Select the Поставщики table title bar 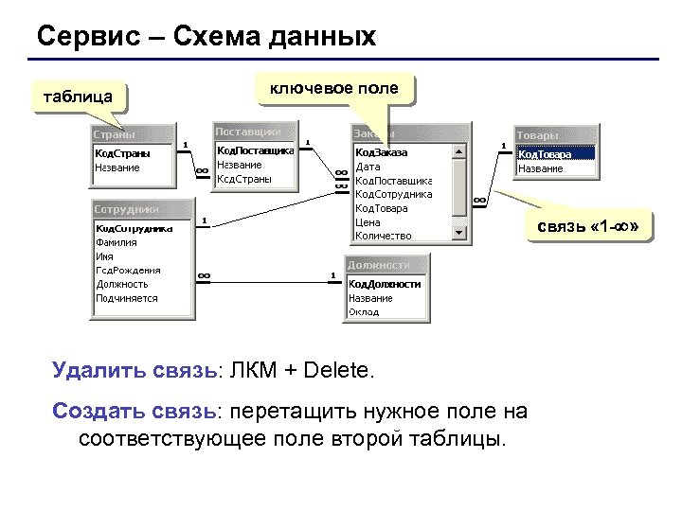[x=254, y=132]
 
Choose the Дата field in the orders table [x=368, y=167]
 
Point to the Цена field [x=368, y=221]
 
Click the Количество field [x=383, y=236]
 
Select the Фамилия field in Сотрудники [x=117, y=241]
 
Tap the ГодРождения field [x=128, y=270]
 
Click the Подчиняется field [x=126, y=298]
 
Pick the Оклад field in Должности [x=364, y=311]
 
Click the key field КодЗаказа [x=381, y=152]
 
